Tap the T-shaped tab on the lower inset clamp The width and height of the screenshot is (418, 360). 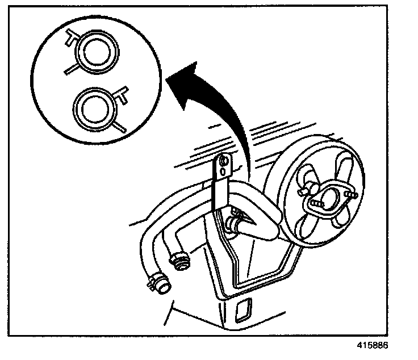click(x=120, y=93)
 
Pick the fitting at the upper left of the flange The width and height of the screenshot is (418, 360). click(x=308, y=185)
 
